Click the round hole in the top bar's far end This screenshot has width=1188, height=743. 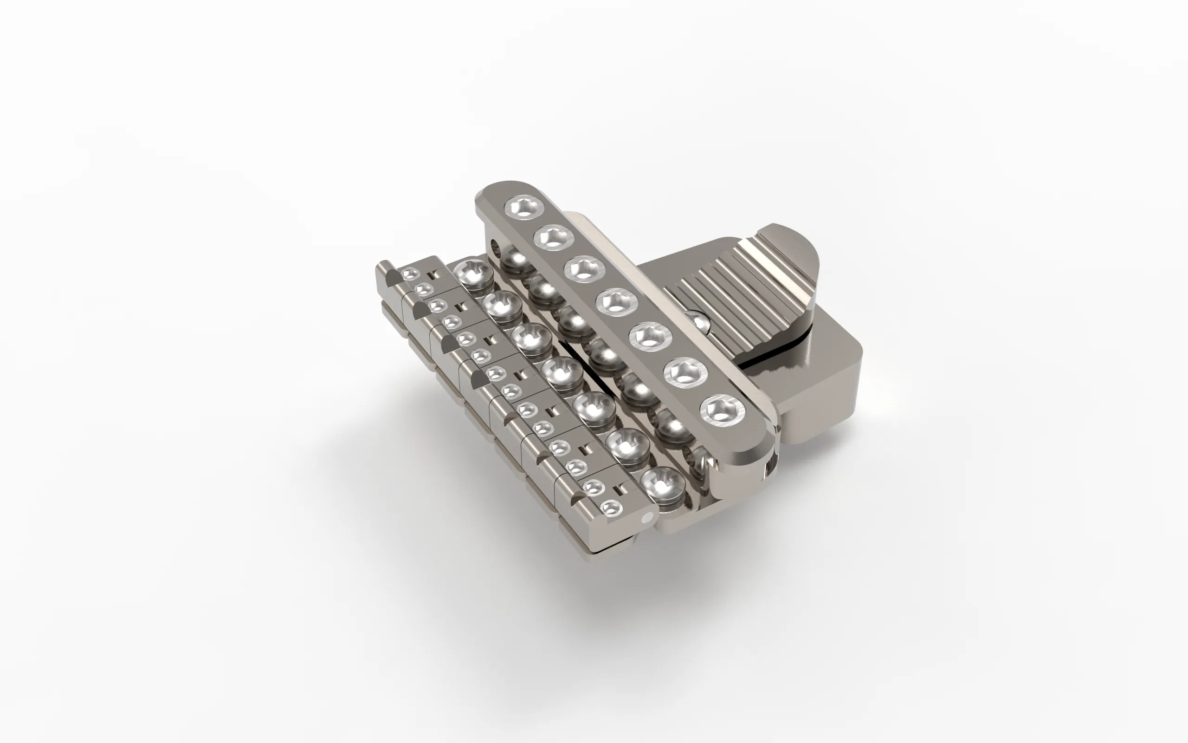coord(496,244)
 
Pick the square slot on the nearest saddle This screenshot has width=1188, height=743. coord(621,488)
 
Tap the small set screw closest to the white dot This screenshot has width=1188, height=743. coord(611,507)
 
